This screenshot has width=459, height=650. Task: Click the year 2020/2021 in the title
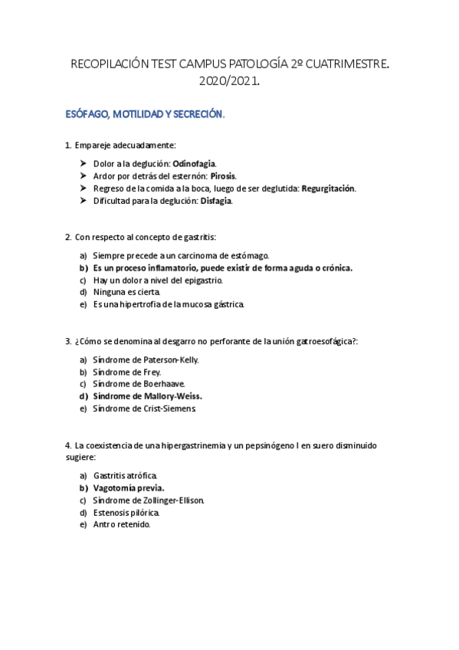pyautogui.click(x=228, y=80)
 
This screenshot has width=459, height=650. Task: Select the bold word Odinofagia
pyautogui.click(x=194, y=164)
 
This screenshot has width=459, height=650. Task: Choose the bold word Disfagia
pyautogui.click(x=216, y=201)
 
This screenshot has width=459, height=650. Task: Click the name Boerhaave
pyautogui.click(x=162, y=384)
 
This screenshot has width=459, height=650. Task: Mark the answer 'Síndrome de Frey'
pyautogui.click(x=127, y=373)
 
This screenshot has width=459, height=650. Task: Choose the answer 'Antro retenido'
pyautogui.click(x=122, y=525)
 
